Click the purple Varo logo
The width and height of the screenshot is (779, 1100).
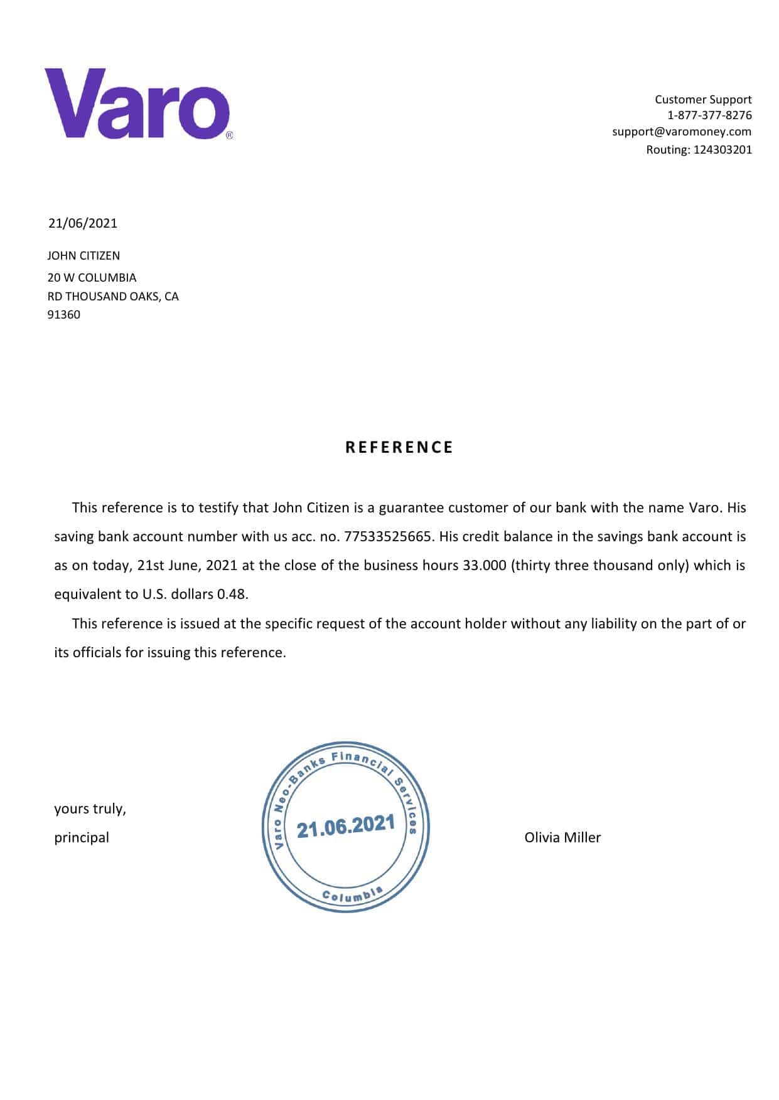pos(137,103)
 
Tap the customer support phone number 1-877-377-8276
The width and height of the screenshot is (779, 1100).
pos(709,115)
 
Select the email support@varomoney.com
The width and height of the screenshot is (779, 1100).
pos(682,132)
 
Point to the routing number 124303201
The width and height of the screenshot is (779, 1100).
pos(722,150)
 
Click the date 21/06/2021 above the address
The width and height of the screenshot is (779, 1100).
pos(83,223)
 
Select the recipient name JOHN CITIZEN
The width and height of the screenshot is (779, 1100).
pos(83,256)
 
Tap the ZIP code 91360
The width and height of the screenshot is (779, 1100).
pos(64,315)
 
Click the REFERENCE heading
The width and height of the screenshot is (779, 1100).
pos(399,448)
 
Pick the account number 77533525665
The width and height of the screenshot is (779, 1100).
pos(388,537)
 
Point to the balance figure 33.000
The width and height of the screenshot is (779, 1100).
pos(484,566)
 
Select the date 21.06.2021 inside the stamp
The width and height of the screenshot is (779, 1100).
pos(346,827)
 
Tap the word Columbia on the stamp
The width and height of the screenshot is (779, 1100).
pos(352,896)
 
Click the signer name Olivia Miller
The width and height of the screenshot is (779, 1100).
pos(562,838)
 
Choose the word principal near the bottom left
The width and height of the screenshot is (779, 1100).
pos(82,838)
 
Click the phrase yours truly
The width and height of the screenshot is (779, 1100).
pos(90,809)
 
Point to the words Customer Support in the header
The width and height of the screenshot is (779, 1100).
pos(703,100)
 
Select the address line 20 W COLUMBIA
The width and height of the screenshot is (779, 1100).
pos(92,278)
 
